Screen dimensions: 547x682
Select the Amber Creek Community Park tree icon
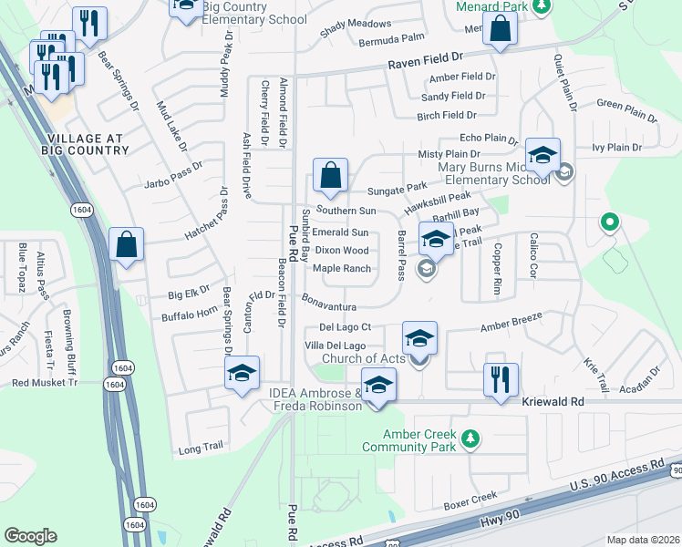tap(470, 439)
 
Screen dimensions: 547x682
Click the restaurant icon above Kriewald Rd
tap(500, 378)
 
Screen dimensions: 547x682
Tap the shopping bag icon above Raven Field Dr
tap(501, 30)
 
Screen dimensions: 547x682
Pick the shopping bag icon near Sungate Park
tap(330, 174)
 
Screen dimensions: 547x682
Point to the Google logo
tap(30, 535)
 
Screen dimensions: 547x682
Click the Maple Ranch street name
tap(342, 269)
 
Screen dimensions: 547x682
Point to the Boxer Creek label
tap(470, 496)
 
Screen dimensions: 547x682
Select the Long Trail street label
tap(200, 449)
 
